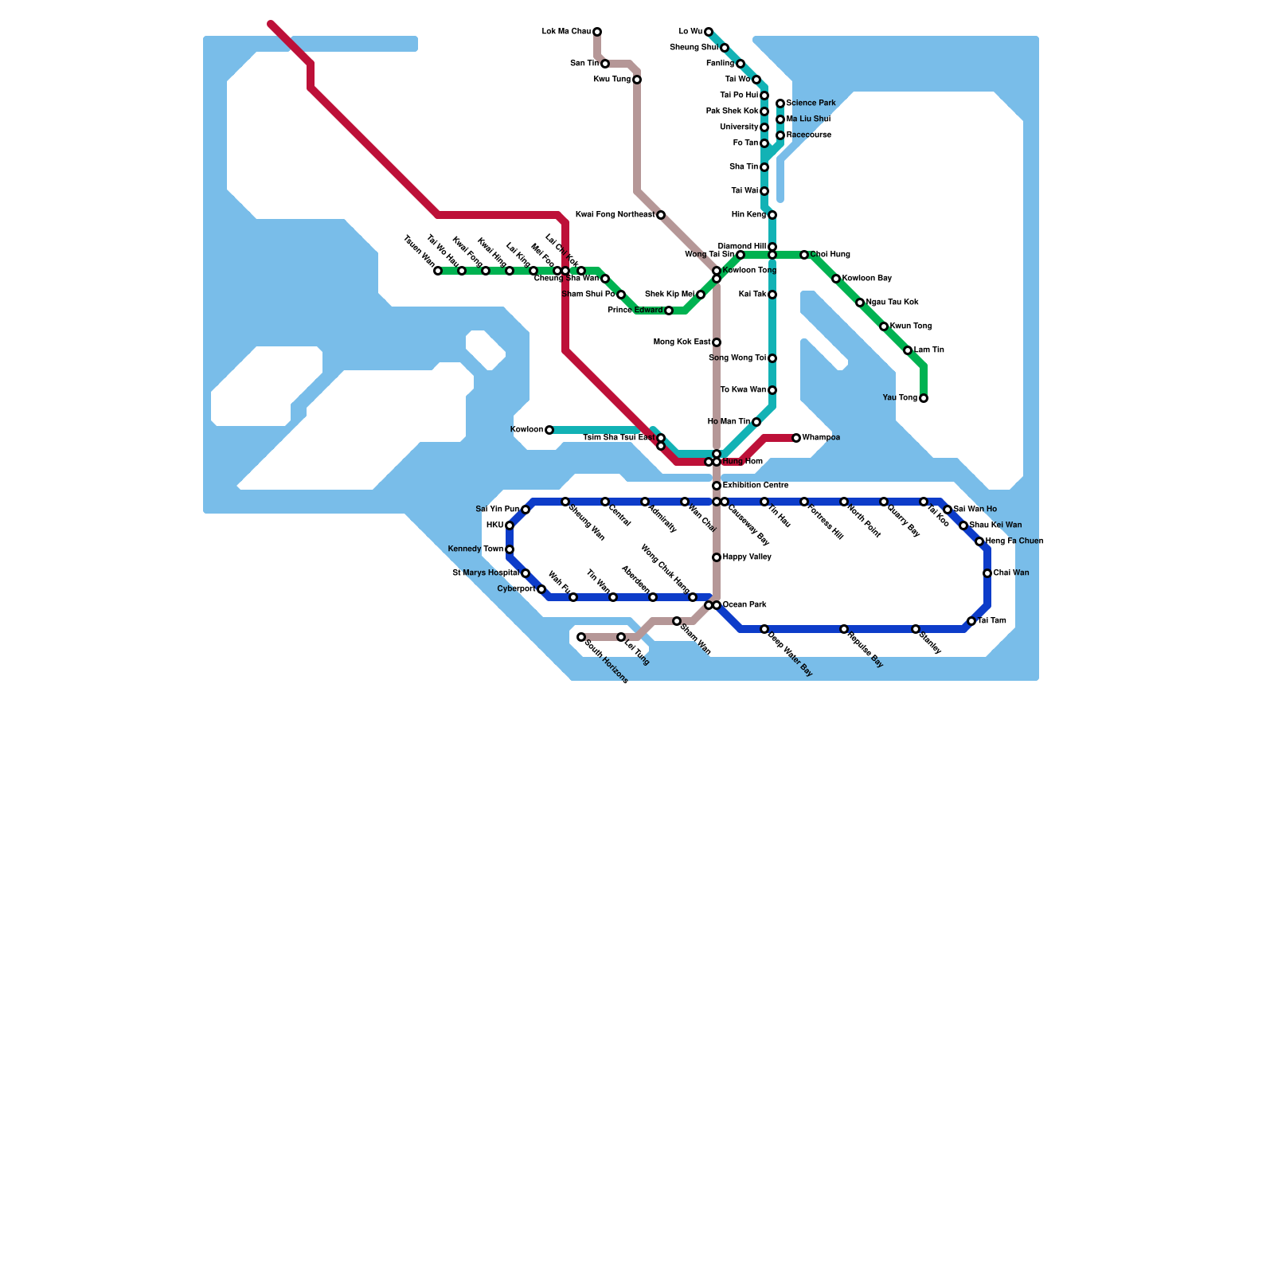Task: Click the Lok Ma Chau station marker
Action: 597,32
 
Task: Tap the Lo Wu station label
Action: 690,32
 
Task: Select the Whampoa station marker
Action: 796,438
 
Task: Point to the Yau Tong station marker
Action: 924,398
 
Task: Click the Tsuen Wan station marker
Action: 438,271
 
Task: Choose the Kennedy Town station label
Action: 475,549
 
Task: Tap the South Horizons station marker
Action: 581,637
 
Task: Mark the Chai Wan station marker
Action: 987,573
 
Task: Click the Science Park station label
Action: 811,104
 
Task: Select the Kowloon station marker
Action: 549,430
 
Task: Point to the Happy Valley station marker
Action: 717,557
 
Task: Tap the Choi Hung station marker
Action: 804,255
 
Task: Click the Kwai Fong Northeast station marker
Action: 661,215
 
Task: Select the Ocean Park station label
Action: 746,605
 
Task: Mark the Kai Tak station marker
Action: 772,295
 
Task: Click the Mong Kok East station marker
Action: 717,342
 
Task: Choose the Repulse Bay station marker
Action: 844,629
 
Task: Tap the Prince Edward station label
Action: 635,311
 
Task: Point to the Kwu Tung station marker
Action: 637,80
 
